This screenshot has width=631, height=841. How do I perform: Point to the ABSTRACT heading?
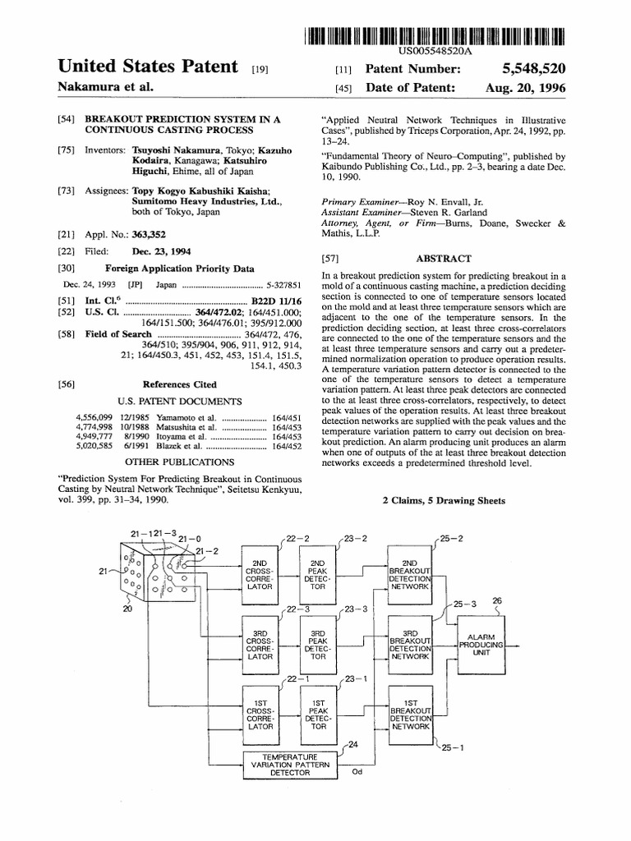pyautogui.click(x=443, y=258)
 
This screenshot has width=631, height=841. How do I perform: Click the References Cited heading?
pyautogui.click(x=180, y=384)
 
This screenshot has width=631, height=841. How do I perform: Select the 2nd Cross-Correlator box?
pyautogui.click(x=261, y=573)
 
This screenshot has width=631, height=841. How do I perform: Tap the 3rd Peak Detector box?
pyautogui.click(x=318, y=645)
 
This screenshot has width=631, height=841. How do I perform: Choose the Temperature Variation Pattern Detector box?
pyautogui.click(x=291, y=764)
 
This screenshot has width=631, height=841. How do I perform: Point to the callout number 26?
pyautogui.click(x=495, y=601)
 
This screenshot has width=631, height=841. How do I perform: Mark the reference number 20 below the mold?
pyautogui.click(x=127, y=609)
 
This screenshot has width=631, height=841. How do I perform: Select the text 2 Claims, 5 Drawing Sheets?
pyautogui.click(x=443, y=500)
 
